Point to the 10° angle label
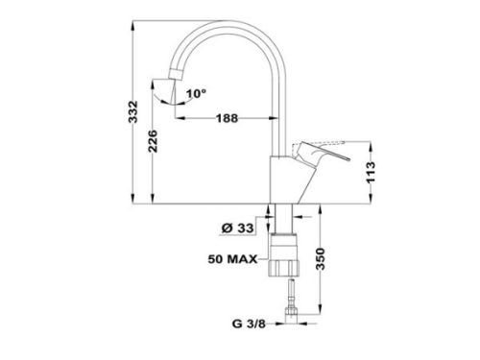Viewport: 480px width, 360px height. (196, 93)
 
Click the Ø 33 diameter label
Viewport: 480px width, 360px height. (237, 228)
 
